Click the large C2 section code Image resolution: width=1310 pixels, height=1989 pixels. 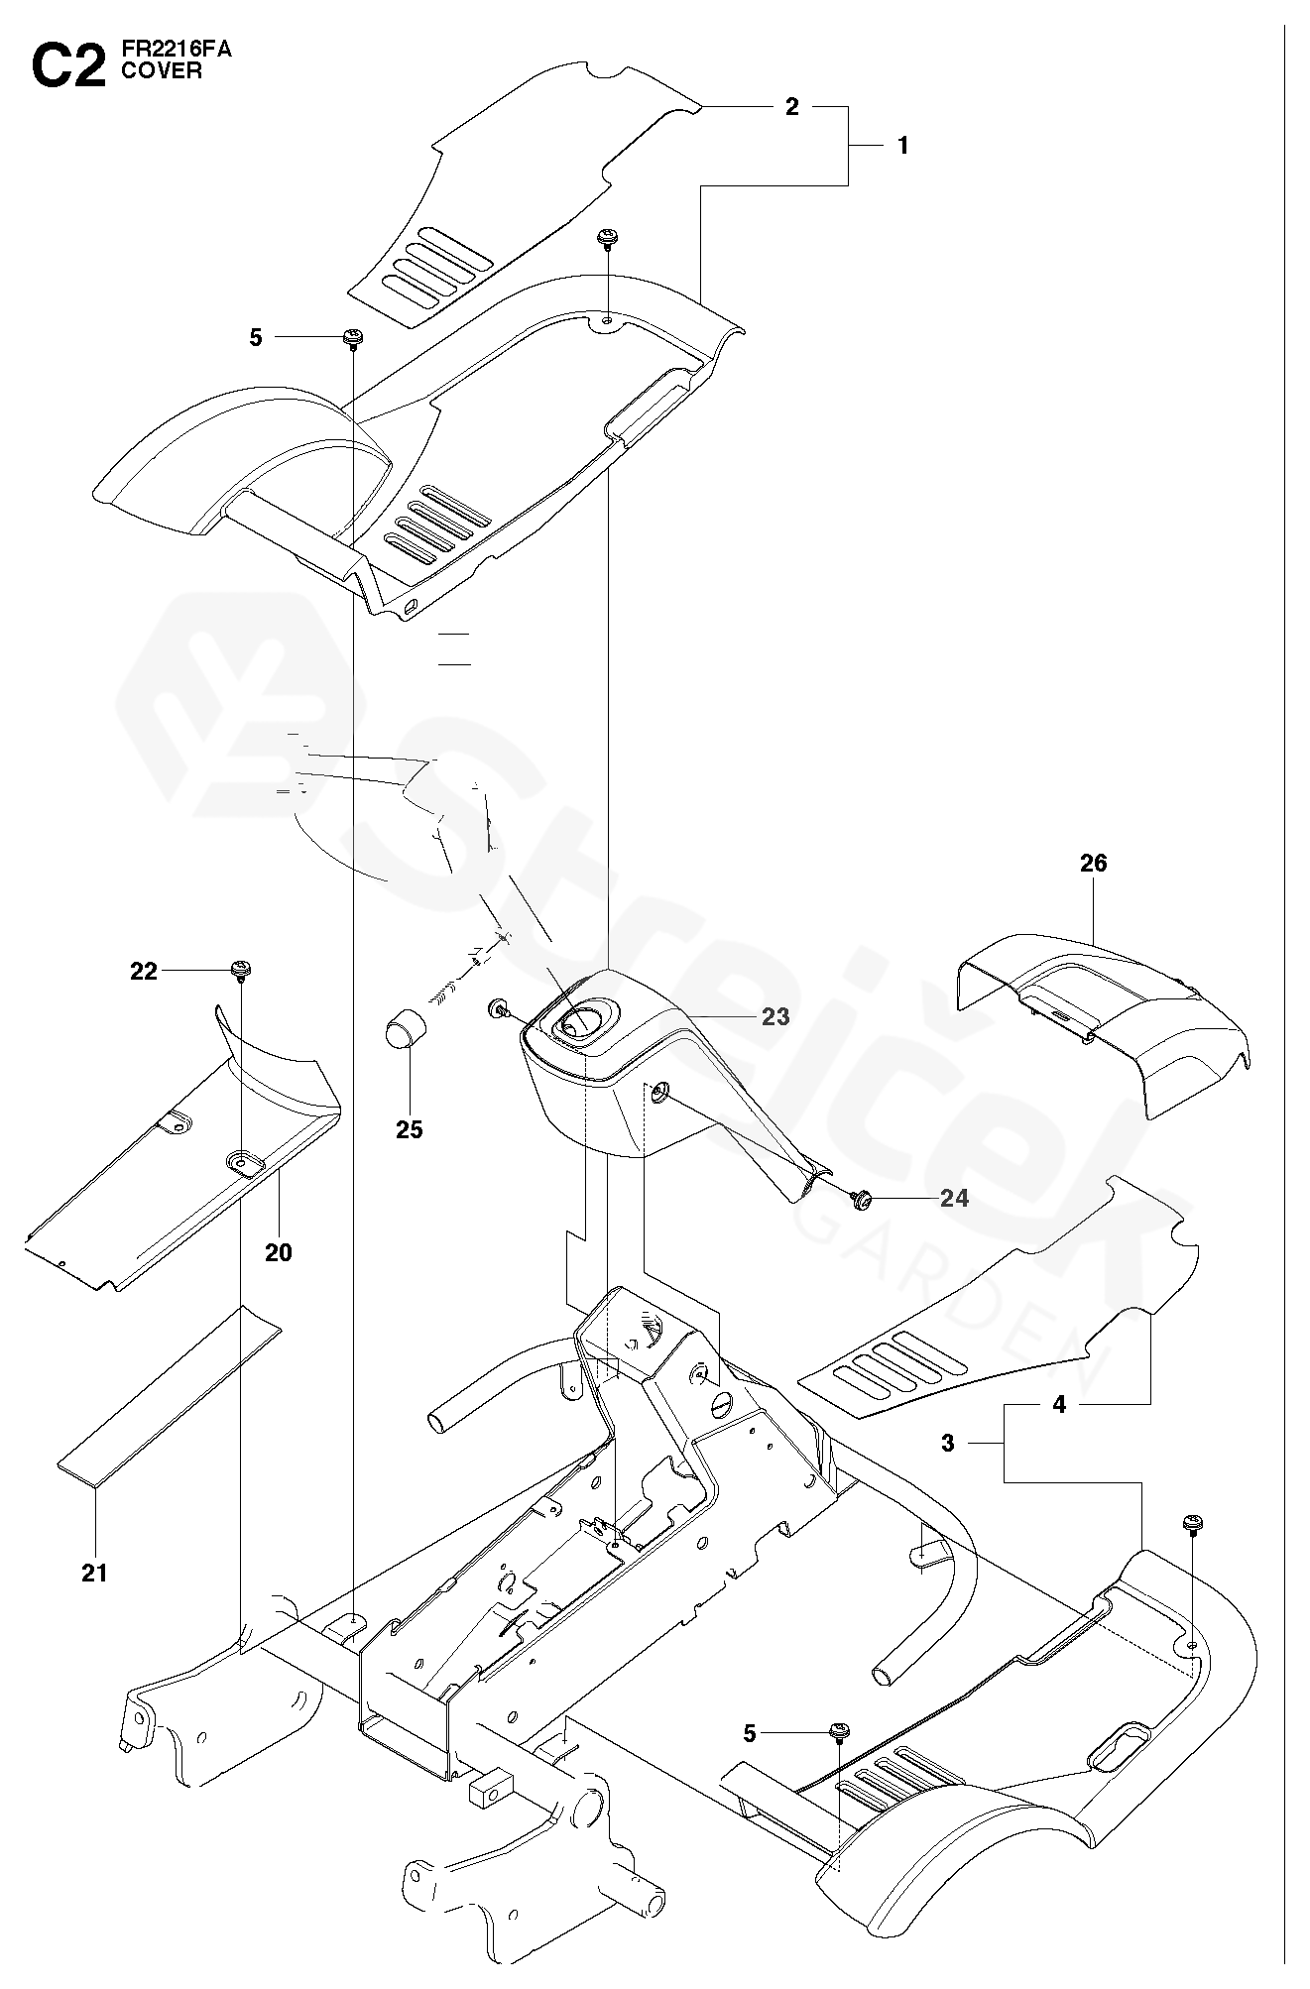(x=68, y=66)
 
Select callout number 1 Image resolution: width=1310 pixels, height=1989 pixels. (x=902, y=145)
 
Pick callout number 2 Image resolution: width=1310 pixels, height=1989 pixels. (x=791, y=107)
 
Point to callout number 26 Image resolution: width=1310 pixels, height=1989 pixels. (x=1093, y=863)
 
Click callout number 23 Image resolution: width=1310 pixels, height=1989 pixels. (x=775, y=1016)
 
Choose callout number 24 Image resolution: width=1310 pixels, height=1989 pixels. (x=954, y=1199)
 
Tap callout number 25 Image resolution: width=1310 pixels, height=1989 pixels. (x=410, y=1129)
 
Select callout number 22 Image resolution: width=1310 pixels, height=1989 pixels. (x=144, y=971)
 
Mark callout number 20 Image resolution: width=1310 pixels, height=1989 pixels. (x=279, y=1252)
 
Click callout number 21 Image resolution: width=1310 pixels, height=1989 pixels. (x=94, y=1573)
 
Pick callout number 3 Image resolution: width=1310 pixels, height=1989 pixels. (x=948, y=1444)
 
